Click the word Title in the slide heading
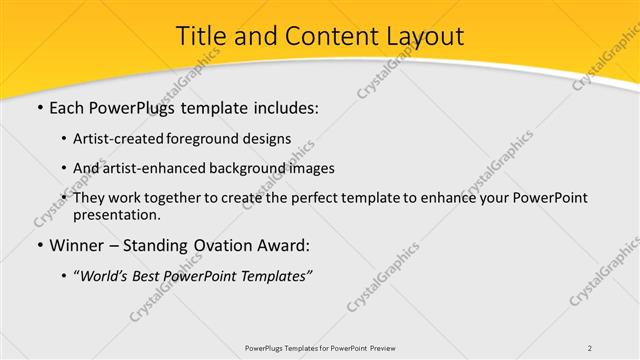pyautogui.click(x=201, y=36)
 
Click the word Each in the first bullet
pyautogui.click(x=67, y=107)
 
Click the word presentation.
pyautogui.click(x=115, y=214)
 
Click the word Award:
pyautogui.click(x=290, y=246)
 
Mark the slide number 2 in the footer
pyautogui.click(x=590, y=348)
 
